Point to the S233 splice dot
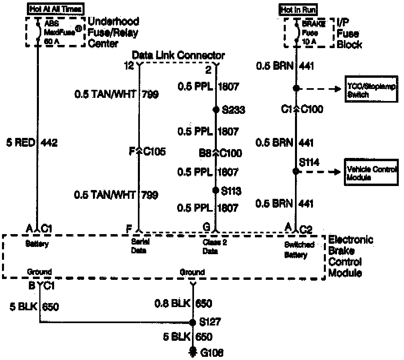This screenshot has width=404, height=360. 216,109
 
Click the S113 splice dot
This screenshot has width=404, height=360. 216,190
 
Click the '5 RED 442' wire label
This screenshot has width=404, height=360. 32,142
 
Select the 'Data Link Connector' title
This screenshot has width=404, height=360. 178,55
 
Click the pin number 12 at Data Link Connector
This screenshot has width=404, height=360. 129,66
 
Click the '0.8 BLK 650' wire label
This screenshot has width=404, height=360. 184,303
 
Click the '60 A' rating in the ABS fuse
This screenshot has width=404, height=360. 48,40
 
